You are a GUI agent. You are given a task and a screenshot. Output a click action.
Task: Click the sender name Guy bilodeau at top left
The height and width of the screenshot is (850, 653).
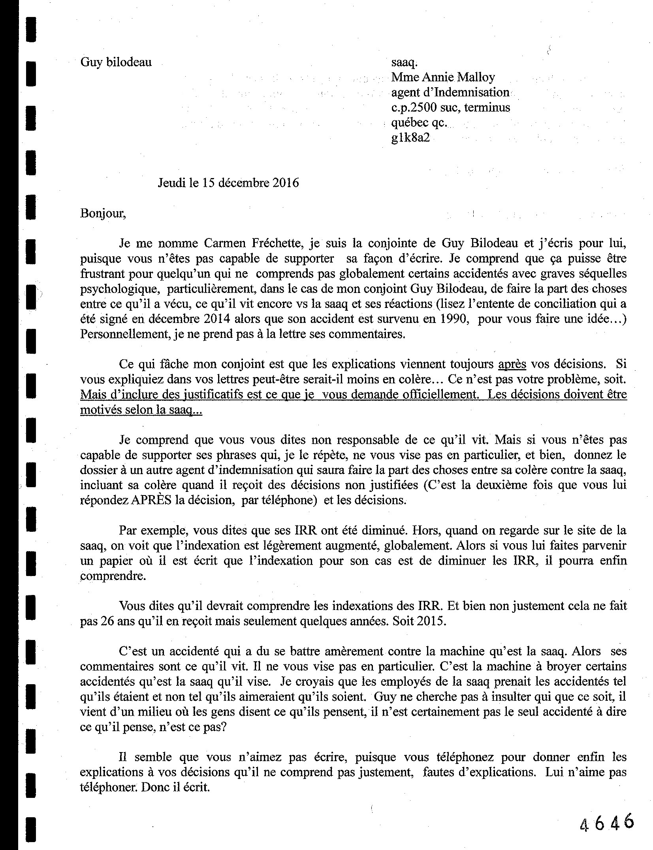116,62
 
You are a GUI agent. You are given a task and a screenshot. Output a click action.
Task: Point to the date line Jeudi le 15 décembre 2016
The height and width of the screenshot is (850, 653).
228,183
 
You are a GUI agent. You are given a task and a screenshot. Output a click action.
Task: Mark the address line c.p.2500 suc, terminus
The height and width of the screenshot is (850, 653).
450,107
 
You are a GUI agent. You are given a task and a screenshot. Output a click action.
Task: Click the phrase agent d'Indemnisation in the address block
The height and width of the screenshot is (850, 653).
450,92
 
